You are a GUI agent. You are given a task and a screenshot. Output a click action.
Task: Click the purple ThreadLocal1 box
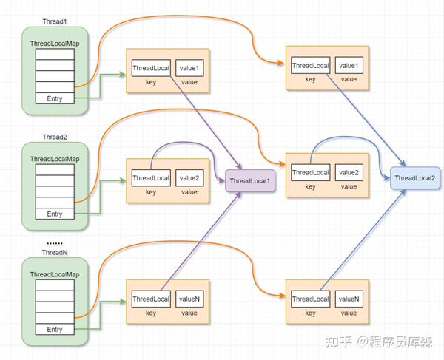[249, 181]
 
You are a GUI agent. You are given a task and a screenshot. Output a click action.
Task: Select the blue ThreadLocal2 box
[414, 178]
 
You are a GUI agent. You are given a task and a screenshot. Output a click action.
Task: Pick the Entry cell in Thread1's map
[55, 98]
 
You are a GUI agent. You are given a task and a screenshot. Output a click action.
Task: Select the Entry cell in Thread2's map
[55, 214]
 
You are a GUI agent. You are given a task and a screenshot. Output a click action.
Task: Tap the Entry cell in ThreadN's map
[55, 329]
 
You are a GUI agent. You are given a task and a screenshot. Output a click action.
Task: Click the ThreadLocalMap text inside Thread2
[55, 159]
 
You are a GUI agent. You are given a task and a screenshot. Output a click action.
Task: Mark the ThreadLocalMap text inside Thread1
[55, 44]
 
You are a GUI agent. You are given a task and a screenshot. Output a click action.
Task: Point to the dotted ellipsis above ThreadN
[54, 242]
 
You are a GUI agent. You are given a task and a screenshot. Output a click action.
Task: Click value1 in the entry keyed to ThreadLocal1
[189, 68]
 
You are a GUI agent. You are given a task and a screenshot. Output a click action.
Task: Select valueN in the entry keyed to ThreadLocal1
[189, 299]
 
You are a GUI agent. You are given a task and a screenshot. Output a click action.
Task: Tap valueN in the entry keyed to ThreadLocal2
[349, 299]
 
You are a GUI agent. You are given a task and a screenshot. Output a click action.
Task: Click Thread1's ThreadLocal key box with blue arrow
[310, 66]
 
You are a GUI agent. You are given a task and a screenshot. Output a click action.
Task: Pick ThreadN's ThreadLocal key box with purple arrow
[151, 299]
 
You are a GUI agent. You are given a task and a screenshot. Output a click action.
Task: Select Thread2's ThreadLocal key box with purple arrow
[151, 178]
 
